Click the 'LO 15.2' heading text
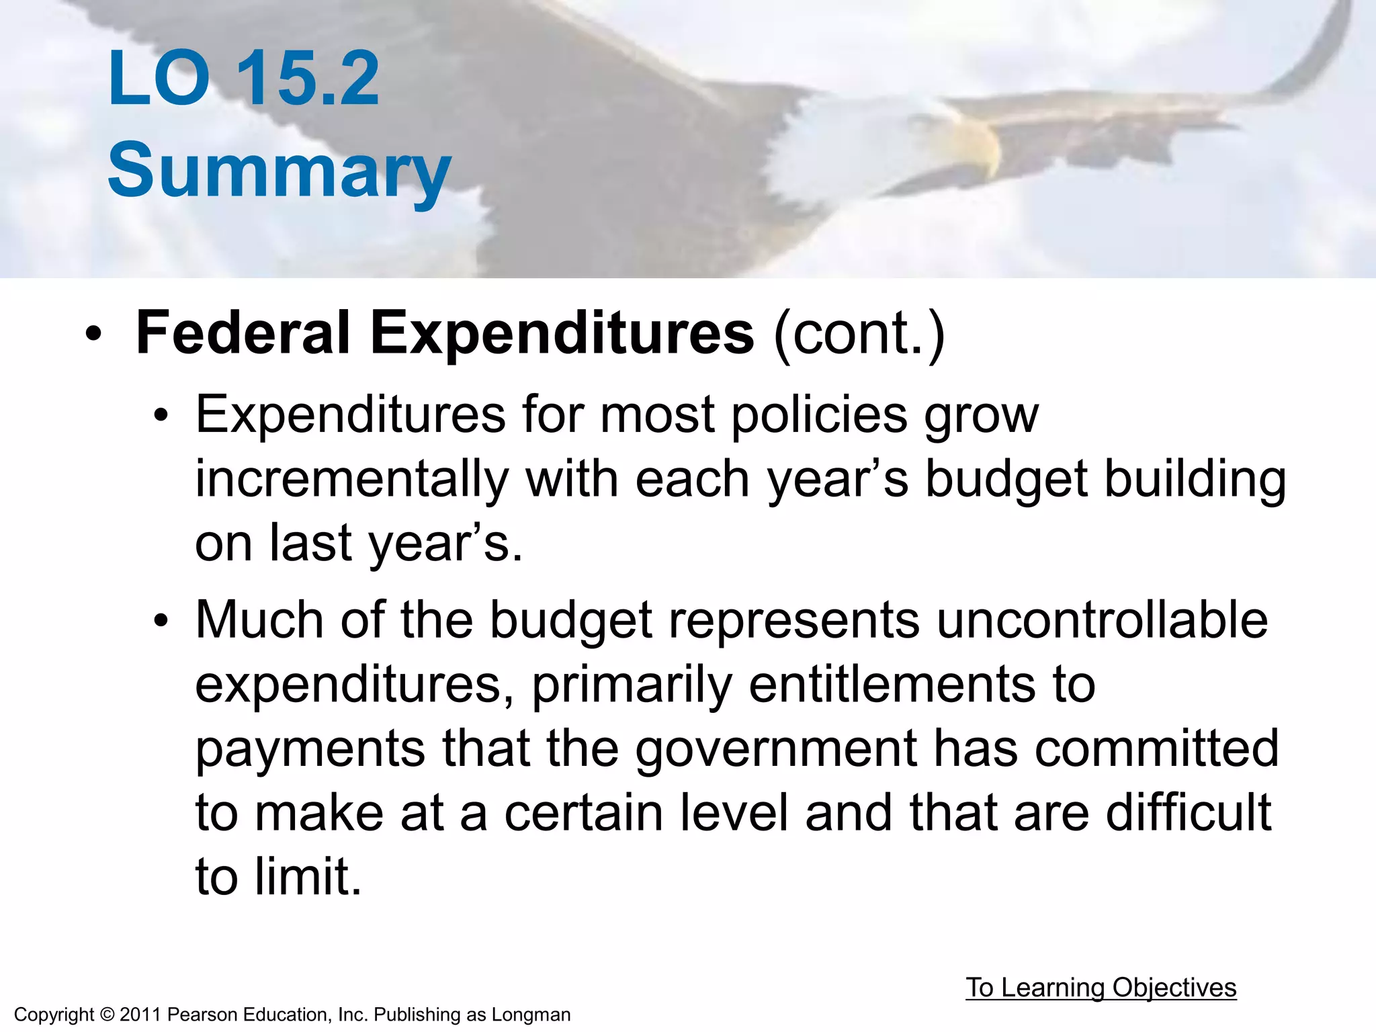(x=243, y=79)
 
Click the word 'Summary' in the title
(x=279, y=171)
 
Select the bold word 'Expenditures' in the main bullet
(x=562, y=334)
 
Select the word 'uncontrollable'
(x=1102, y=619)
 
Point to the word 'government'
(x=776, y=750)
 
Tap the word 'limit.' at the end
(x=308, y=877)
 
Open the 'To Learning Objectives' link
(x=1101, y=988)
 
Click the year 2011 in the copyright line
(x=140, y=1015)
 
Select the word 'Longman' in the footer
(x=531, y=1015)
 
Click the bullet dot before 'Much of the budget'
(x=160, y=621)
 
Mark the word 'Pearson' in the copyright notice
(x=199, y=1015)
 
